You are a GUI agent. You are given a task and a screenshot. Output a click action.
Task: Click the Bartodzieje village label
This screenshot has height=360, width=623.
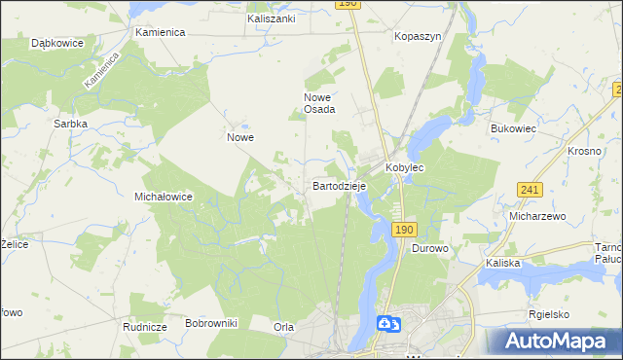coord(339,184)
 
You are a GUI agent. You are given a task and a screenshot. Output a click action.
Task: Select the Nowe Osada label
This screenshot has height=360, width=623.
coord(320,103)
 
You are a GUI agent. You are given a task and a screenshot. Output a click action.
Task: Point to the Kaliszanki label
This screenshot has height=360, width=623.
coord(272,18)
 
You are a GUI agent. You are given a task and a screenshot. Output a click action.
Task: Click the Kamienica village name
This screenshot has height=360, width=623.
coord(161,32)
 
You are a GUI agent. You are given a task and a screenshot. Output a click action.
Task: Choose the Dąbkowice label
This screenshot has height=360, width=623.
coord(55,44)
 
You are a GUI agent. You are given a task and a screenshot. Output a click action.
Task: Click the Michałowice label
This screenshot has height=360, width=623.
coord(164,197)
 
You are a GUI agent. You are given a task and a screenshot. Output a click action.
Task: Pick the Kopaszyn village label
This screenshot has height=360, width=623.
coord(419,35)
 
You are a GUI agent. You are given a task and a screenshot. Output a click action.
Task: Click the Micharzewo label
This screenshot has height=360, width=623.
coord(537,216)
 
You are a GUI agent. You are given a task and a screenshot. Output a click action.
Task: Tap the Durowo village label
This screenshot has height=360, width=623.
coord(429,249)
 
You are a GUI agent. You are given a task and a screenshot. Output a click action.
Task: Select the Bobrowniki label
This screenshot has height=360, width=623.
coord(211,322)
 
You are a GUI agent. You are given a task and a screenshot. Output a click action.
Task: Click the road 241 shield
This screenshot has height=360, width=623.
coord(530,190)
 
